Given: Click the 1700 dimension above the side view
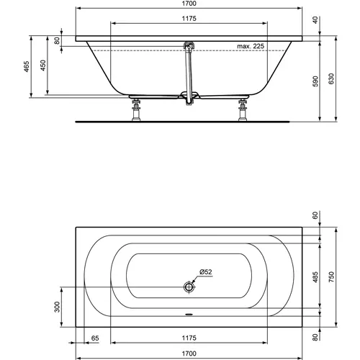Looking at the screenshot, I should [188, 5].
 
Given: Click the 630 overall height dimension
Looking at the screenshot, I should [331, 78].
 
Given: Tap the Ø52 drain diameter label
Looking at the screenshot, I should [204, 271].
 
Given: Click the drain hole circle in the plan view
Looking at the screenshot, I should [189, 286].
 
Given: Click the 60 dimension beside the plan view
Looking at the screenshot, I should [315, 215].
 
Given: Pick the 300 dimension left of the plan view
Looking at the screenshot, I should [58, 307].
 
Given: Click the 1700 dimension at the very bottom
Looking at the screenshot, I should [188, 354].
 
